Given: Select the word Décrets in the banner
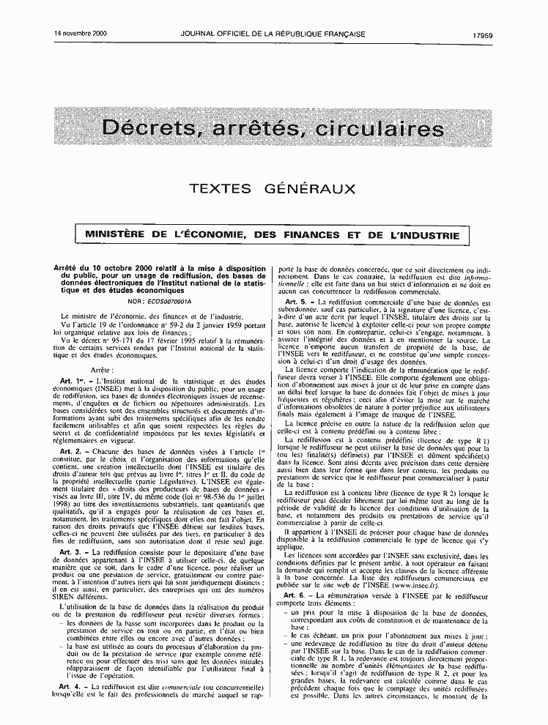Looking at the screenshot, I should pos(147,129).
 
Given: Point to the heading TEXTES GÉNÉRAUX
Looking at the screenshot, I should pos(273,189).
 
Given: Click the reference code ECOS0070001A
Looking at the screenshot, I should pos(168,301).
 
